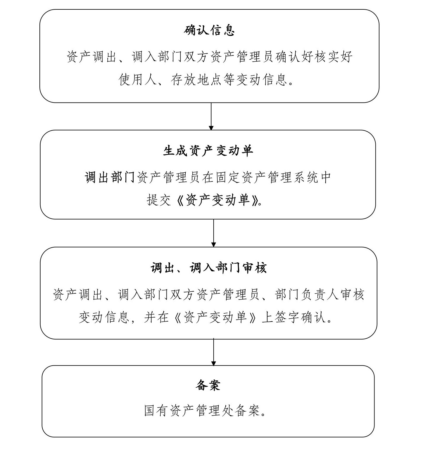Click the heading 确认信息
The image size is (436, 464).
[x=209, y=30]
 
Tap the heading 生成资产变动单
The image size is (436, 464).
[x=208, y=151]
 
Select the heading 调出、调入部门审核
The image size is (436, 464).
[x=209, y=268]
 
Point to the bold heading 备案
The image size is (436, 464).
[x=208, y=385]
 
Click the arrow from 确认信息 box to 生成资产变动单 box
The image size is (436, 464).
[x=211, y=116]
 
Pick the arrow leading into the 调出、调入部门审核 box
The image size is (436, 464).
[x=214, y=233]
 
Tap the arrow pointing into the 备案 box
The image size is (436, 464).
[x=214, y=352]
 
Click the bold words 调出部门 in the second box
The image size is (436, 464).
[x=110, y=177]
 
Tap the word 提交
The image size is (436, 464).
[x=159, y=200]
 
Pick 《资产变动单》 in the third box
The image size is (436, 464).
[x=215, y=317]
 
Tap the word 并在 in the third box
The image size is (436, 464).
[x=157, y=317]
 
